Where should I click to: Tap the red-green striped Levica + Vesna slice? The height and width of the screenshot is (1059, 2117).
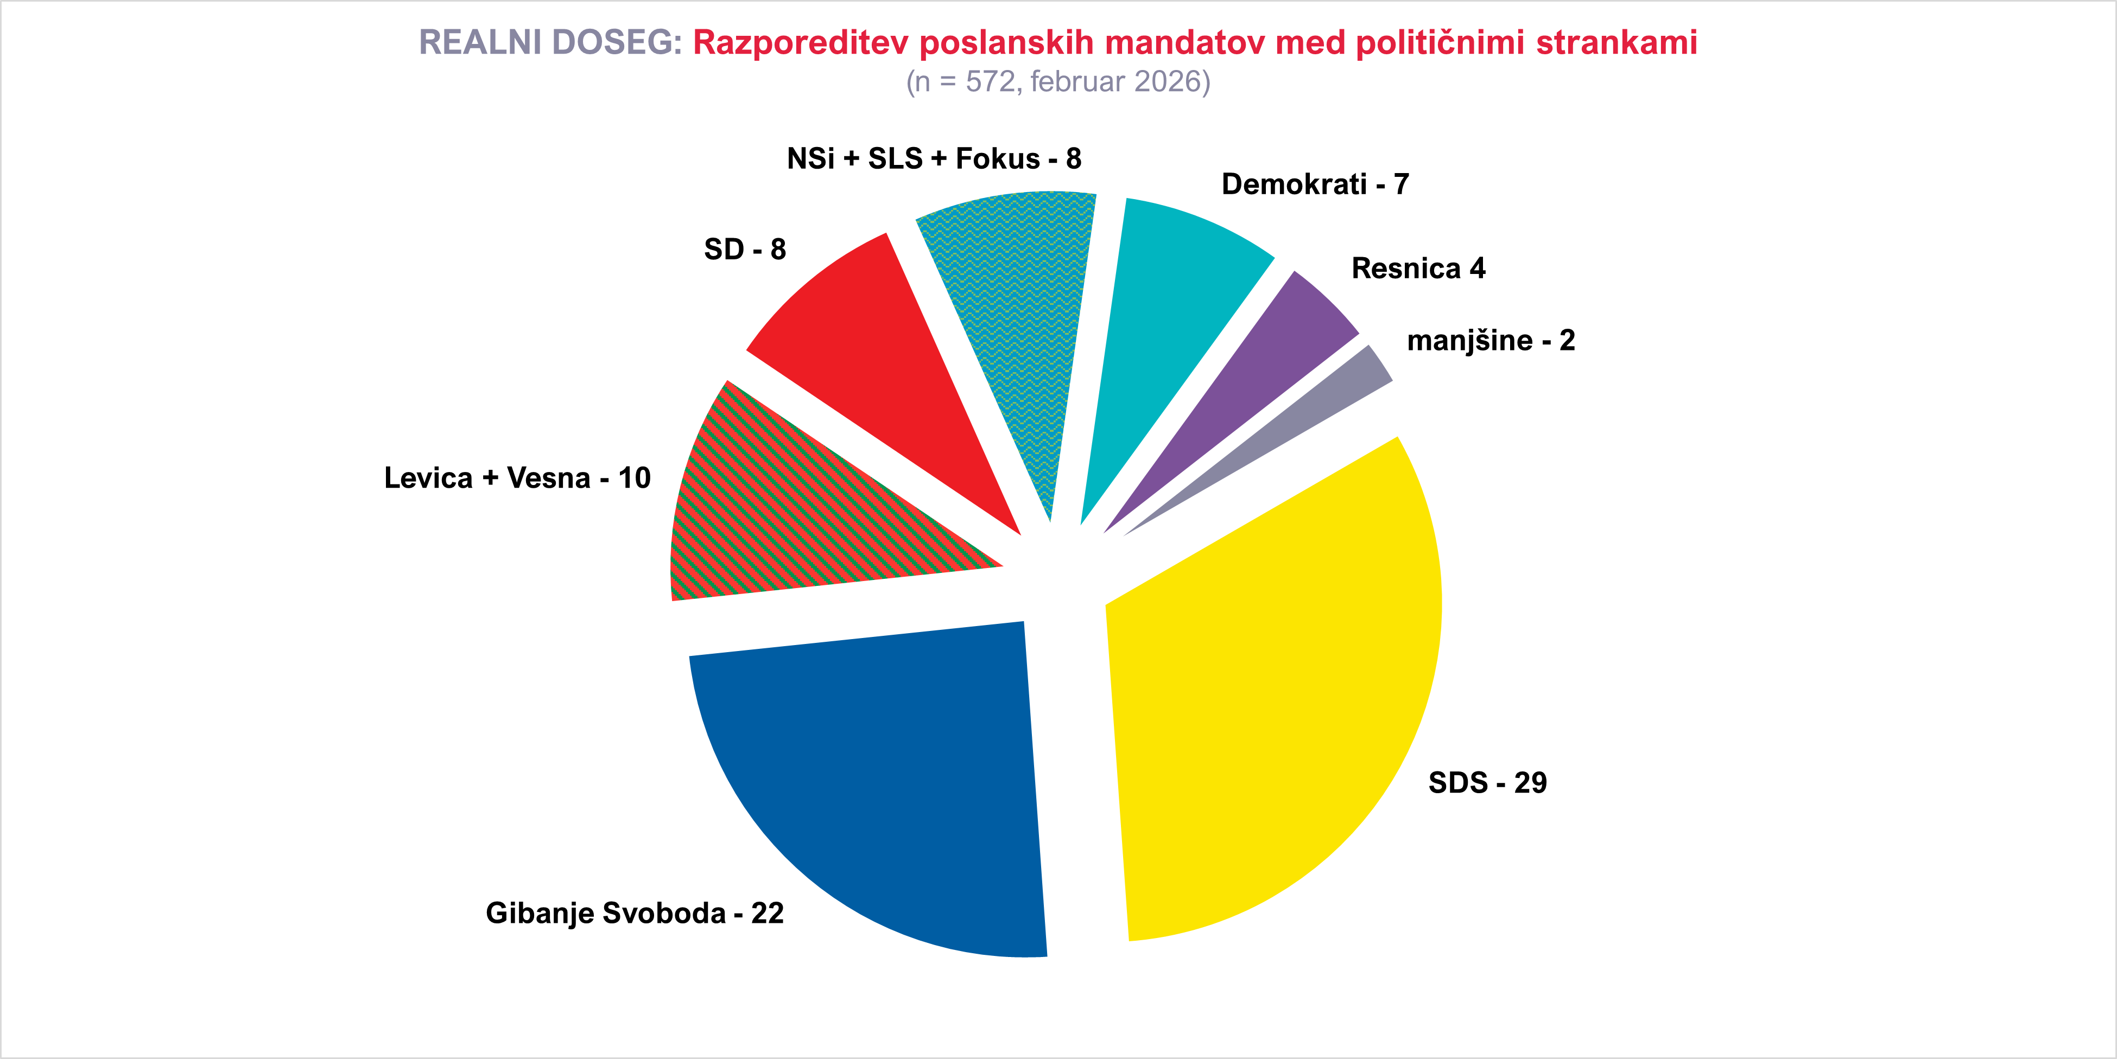point(789,518)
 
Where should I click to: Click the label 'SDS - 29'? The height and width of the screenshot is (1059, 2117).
point(1487,782)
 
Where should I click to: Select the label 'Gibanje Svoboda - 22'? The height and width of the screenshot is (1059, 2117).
point(635,913)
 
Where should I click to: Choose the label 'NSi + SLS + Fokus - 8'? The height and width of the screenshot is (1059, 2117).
point(934,158)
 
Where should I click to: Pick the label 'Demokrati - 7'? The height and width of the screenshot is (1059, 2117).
point(1315,184)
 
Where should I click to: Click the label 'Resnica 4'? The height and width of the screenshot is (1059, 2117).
point(1418,268)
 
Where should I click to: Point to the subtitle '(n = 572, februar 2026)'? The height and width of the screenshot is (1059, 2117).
point(1057,81)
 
